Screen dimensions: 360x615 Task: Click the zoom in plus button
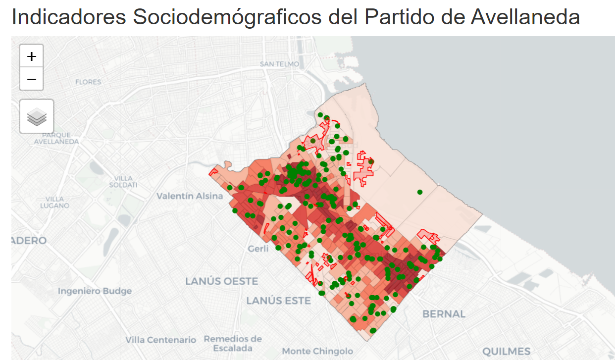pos(32,56)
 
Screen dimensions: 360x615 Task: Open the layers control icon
pos(37,116)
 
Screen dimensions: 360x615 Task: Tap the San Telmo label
pos(279,64)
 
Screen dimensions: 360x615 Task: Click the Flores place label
pos(88,82)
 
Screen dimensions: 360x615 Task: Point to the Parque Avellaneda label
pos(56,138)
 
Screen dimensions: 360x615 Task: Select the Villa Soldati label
pos(123,181)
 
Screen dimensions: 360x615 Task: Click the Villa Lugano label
pos(54,202)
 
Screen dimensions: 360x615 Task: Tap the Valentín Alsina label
pos(190,196)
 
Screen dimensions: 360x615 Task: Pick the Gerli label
pos(258,248)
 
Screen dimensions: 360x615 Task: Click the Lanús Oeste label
pos(221,281)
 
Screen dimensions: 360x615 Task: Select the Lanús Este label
pos(278,301)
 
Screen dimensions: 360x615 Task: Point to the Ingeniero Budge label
pos(95,291)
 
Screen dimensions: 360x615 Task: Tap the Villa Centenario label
pos(160,340)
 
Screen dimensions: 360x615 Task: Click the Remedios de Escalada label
pos(233,343)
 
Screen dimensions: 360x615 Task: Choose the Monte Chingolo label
pos(317,351)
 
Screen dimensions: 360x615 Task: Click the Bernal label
pos(444,314)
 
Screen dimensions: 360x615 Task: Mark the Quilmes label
pos(506,352)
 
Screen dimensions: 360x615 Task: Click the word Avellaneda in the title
pos(525,17)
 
